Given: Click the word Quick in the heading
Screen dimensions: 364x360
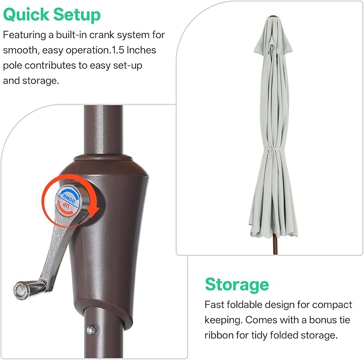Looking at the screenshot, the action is coord(26,15).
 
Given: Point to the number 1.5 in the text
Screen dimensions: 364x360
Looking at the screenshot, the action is coord(117,50).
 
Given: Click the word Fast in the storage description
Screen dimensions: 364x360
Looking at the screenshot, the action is coord(214,305).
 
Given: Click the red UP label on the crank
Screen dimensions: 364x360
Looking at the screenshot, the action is coord(66,206).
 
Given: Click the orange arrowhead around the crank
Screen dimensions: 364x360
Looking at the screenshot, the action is coord(93,211).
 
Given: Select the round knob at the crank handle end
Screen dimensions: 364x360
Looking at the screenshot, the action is coord(21,290).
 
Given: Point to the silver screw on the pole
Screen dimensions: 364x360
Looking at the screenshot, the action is coord(92,330).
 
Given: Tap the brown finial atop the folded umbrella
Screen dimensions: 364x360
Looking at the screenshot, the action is coord(273,17).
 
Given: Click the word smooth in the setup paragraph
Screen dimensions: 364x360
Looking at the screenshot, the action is coord(20,50).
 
